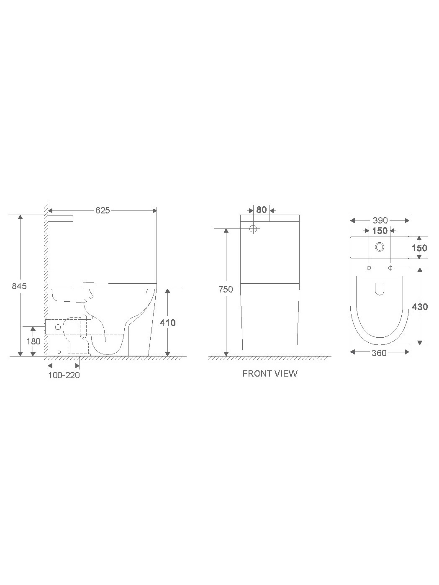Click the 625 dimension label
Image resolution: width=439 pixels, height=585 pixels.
click(x=103, y=210)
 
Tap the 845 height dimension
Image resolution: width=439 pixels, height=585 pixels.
click(x=19, y=286)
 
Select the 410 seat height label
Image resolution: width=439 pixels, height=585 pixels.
click(x=167, y=323)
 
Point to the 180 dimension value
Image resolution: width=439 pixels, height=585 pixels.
click(x=33, y=341)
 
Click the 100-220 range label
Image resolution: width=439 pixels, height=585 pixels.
click(x=64, y=375)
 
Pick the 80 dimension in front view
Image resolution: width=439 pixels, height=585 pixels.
click(x=262, y=210)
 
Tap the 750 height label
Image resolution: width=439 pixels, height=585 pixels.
click(x=226, y=290)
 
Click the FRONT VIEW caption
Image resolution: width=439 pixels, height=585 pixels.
click(x=270, y=373)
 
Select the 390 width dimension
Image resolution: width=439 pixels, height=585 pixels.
click(x=380, y=221)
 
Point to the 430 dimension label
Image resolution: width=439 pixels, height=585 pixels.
click(x=420, y=307)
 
